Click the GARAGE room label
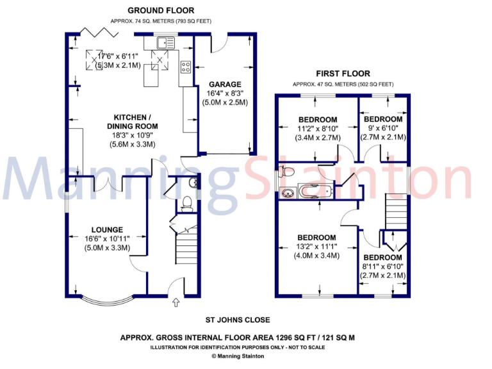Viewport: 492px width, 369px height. pyautogui.click(x=224, y=84)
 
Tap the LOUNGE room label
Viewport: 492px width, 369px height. pyautogui.click(x=107, y=229)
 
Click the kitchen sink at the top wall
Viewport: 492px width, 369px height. pyautogui.click(x=165, y=44)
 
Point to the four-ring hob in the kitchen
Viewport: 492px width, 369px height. pyautogui.click(x=186, y=66)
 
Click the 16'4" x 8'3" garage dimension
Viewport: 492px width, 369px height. pyautogui.click(x=224, y=93)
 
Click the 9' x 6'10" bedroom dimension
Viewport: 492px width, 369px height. pyautogui.click(x=383, y=129)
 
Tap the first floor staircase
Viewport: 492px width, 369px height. pyautogui.click(x=395, y=211)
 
